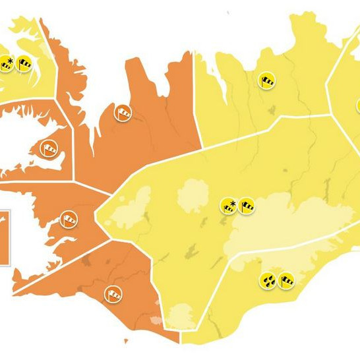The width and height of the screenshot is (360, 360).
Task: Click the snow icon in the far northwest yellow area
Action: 7,64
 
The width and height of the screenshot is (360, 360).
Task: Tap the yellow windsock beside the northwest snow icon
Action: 25,64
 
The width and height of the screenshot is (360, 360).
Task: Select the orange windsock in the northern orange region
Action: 123,113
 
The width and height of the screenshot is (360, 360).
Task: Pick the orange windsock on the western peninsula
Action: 48,148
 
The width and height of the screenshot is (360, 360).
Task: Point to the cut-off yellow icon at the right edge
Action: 358,105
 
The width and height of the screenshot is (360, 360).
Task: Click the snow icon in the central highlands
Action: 229,206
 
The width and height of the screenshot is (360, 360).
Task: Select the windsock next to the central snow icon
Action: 247,206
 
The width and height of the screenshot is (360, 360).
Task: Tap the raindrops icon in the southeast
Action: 268,282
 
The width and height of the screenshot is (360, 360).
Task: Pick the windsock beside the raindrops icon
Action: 286,282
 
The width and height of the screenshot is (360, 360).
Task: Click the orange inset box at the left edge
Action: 4,237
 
